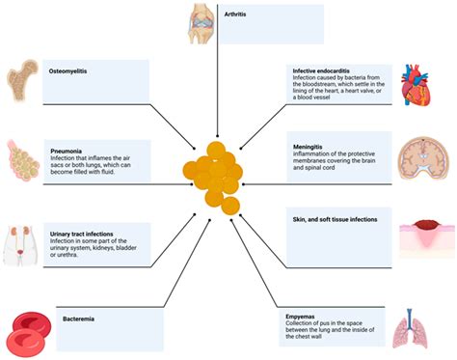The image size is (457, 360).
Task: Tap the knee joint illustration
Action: coord(203,23)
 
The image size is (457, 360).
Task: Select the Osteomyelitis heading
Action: coord(70,70)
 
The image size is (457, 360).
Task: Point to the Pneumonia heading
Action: coord(69,151)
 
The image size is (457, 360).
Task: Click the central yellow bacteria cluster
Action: coord(213,177)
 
